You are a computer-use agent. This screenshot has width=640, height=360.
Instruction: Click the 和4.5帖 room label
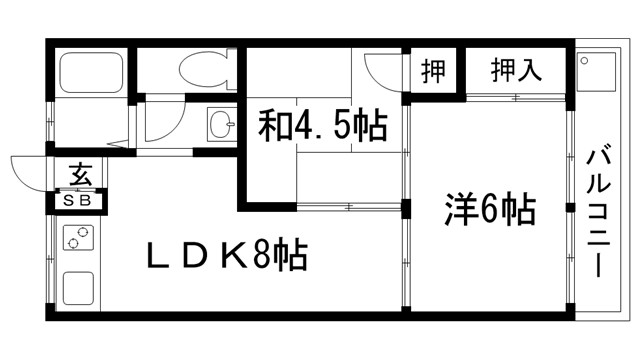[322, 127]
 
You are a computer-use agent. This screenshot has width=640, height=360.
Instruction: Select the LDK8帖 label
[227, 256]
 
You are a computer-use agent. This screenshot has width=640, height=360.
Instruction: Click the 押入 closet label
[516, 71]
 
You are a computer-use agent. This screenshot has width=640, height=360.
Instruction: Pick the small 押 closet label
[433, 72]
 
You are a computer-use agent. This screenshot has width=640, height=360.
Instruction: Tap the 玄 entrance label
[79, 173]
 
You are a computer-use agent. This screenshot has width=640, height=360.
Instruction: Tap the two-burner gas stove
[76, 241]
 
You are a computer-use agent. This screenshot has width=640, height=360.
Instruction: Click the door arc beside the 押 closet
[383, 69]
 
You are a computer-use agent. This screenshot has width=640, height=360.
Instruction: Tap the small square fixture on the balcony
[586, 62]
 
